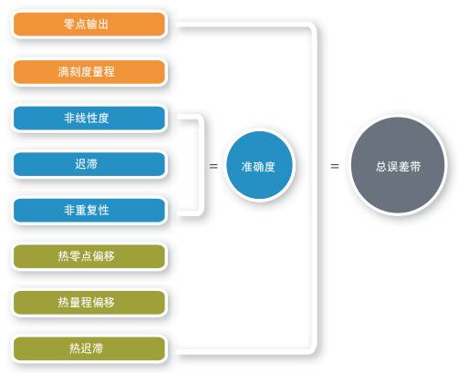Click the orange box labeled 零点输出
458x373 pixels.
point(89,24)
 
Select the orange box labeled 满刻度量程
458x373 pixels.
point(89,72)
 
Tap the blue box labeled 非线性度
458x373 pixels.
point(89,118)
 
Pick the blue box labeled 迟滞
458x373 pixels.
point(89,164)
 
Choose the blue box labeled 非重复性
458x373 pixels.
point(89,211)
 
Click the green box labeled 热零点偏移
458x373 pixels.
point(89,256)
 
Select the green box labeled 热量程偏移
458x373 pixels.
point(89,303)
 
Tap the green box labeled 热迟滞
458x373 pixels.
point(89,348)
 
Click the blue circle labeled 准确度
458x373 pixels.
point(259,165)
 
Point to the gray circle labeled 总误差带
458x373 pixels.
point(398,165)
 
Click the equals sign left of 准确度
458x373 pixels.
point(213,166)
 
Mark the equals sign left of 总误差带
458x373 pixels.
point(335,166)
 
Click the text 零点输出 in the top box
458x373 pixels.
point(86,24)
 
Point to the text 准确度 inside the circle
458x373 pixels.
point(258,167)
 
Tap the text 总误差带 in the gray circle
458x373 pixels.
point(398,167)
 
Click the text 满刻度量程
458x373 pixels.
point(86,72)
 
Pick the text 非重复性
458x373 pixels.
point(86,210)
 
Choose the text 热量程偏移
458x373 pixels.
point(86,302)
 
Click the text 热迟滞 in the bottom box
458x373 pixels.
point(86,348)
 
